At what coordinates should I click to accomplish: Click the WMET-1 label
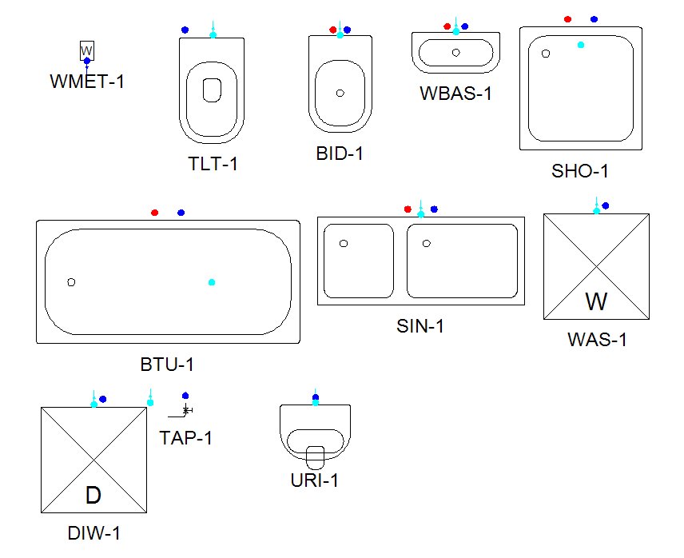coord(87,82)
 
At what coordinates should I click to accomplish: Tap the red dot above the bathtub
coord(154,213)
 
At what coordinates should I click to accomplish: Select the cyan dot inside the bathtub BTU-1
coord(212,282)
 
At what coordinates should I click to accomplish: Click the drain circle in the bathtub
coord(71,282)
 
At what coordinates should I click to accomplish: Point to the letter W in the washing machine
coord(596,301)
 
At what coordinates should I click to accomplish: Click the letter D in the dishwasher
coord(93,495)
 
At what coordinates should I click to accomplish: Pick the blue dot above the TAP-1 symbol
coord(185,396)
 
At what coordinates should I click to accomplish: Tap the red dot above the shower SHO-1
coord(567,19)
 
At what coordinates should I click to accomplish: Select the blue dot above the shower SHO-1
coord(595,19)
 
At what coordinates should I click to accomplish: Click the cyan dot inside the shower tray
coord(581,45)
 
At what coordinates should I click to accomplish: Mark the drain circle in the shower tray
coord(545,54)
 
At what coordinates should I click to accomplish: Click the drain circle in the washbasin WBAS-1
coord(455,52)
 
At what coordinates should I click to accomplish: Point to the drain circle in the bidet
coord(340,93)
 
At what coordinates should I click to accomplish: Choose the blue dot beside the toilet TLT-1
coord(185,30)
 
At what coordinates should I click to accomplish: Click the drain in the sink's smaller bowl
coord(344,244)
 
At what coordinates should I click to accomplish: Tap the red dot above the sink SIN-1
coord(408,209)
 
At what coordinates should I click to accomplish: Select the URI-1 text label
coord(315,480)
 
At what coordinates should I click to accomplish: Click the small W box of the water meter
coord(87,50)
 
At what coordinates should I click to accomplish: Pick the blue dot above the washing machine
coord(606,205)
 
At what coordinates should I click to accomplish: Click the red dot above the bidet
coord(333,30)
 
